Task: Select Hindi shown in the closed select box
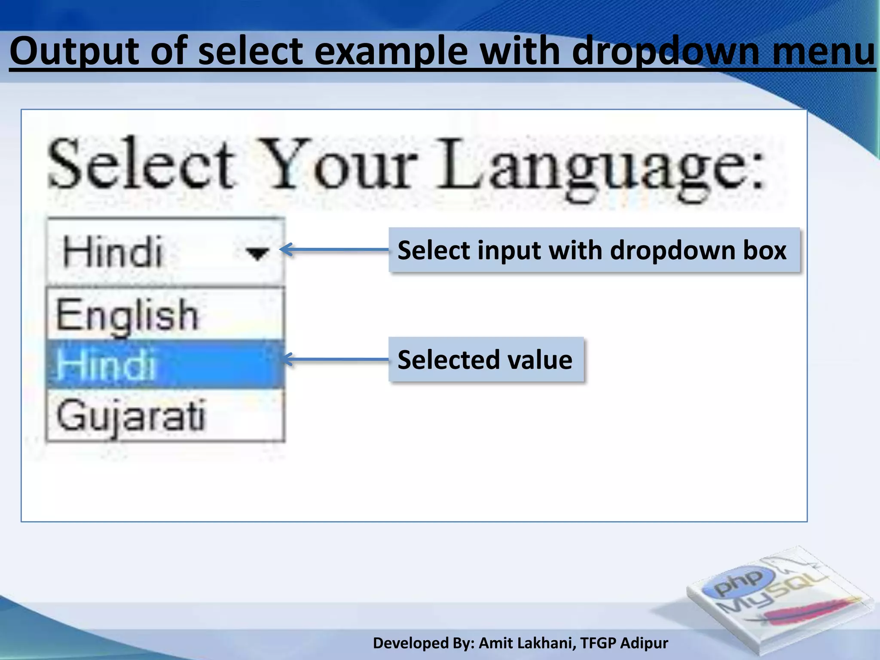pyautogui.click(x=113, y=252)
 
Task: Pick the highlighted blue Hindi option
pyautogui.click(x=106, y=364)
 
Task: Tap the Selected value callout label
pyautogui.click(x=486, y=360)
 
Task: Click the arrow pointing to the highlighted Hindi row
pyautogui.click(x=335, y=359)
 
